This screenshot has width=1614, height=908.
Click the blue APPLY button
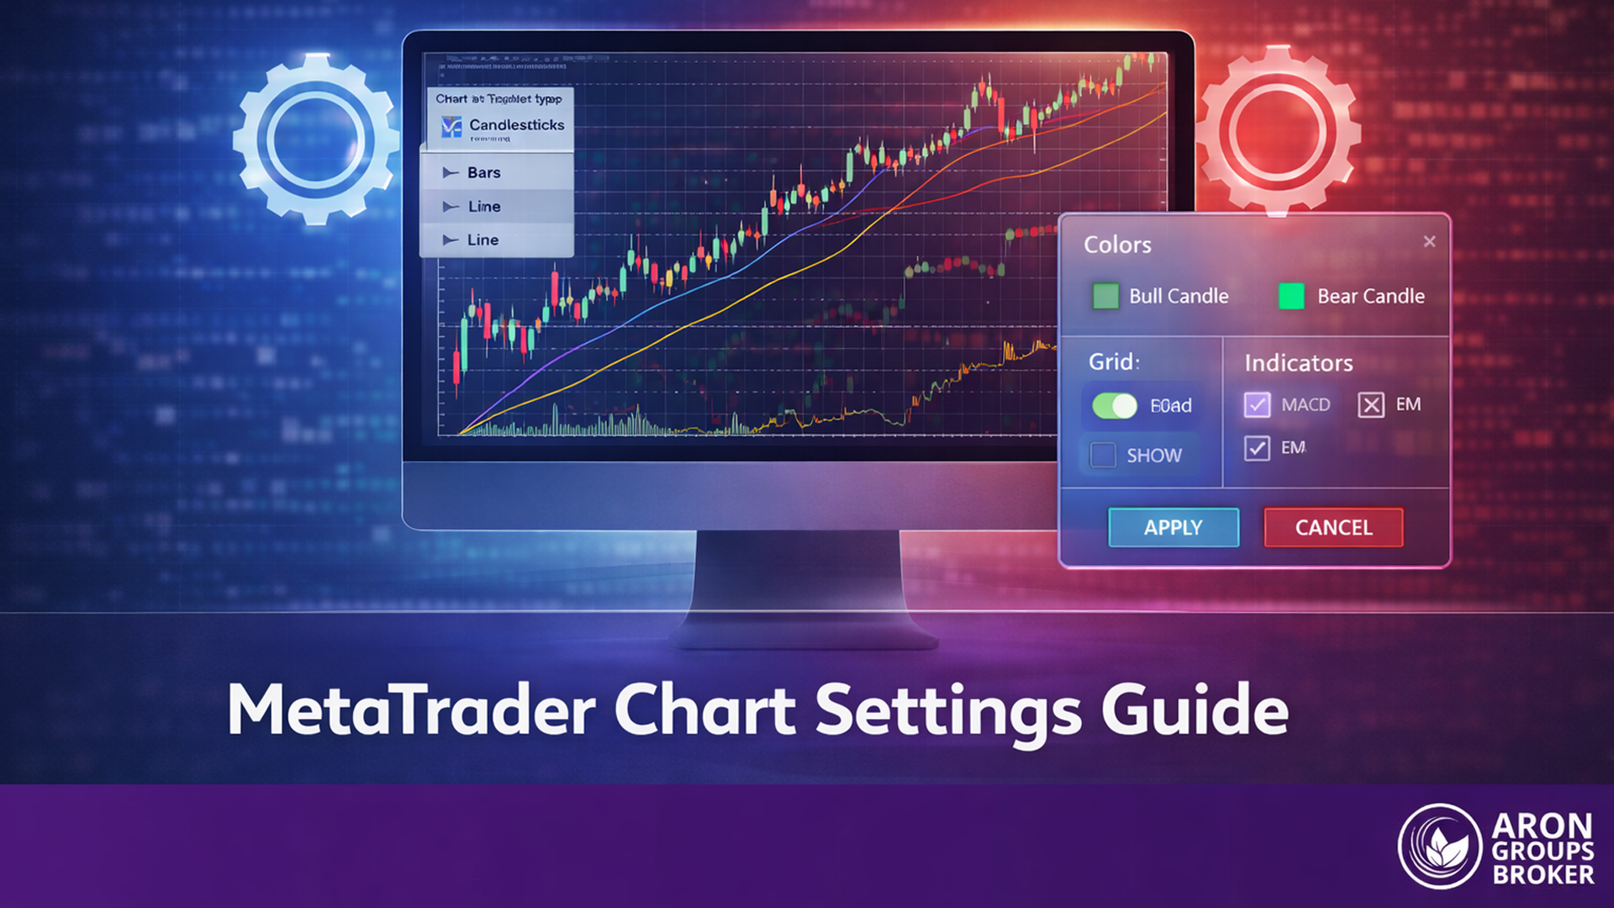1173,527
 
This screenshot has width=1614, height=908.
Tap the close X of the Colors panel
1429,241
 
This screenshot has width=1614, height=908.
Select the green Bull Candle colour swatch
1105,296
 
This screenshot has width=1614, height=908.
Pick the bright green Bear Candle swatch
1291,296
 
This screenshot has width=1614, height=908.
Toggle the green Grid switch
1115,406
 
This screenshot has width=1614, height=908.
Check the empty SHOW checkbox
1103,455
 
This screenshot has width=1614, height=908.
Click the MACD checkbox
1257,404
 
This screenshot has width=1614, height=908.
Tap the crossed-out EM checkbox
1370,404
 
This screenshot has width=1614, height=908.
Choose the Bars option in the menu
483,172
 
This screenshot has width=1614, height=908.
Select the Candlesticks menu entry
516,125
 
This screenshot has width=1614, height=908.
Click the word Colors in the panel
1117,245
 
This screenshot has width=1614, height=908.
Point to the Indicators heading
1298,363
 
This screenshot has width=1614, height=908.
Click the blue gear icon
315,139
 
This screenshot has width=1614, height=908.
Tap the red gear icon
1278,130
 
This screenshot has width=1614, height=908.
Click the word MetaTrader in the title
411,710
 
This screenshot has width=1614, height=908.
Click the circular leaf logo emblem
1439,847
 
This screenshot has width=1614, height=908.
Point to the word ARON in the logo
1542,826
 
